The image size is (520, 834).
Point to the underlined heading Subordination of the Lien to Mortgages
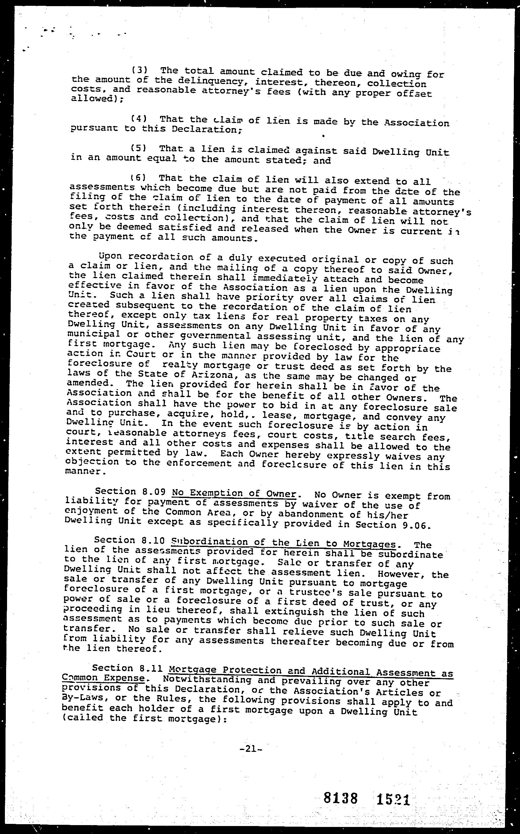(283, 543)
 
